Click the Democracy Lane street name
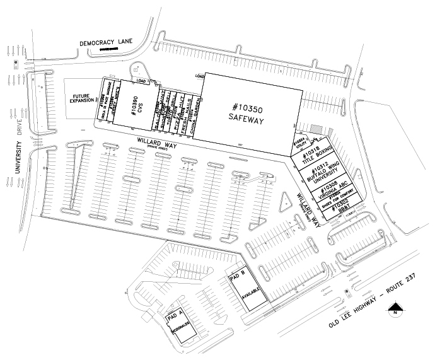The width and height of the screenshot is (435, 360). pos(107,43)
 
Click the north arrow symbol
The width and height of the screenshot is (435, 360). pos(395,309)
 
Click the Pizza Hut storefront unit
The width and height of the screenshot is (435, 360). pos(178,111)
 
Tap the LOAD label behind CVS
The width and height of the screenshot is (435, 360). pos(141,81)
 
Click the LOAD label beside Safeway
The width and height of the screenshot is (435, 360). pos(199,76)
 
